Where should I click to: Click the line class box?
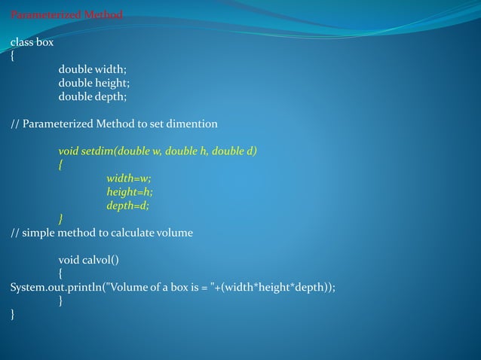32,43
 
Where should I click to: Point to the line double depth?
93,97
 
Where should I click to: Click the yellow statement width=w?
129,178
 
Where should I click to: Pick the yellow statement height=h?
130,192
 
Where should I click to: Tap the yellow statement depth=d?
128,206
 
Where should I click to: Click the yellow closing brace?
61,219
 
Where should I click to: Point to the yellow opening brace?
61,165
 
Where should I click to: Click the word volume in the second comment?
173,233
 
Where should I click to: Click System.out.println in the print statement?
52,287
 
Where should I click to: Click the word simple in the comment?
38,233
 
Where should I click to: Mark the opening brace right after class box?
13,56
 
